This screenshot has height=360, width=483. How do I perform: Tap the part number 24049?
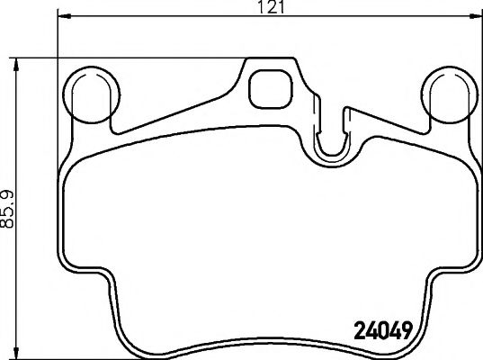[380, 329]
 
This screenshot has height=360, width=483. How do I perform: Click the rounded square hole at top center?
[267, 87]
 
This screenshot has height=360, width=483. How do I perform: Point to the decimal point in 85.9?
[11, 213]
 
